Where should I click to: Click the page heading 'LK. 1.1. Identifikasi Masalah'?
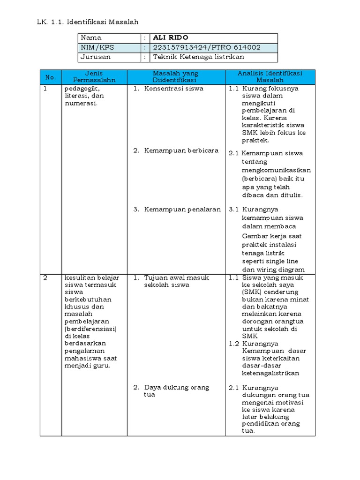[x=87, y=22]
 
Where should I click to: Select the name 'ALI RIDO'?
[x=171, y=37]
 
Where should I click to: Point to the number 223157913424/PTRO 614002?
[x=207, y=47]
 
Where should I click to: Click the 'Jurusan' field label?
[x=96, y=57]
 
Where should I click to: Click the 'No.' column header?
[x=51, y=77]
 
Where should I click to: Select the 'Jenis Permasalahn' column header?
[x=94, y=77]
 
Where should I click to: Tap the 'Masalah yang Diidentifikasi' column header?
[x=176, y=77]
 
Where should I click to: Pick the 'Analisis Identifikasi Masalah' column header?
[x=270, y=77]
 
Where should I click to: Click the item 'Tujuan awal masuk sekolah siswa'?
[x=176, y=281]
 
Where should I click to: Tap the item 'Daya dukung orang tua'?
[x=176, y=391]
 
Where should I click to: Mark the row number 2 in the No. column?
[x=45, y=277]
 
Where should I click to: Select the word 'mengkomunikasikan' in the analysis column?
[x=276, y=170]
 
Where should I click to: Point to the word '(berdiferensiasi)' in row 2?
[x=90, y=329]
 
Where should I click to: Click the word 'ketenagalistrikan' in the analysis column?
[x=270, y=373]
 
